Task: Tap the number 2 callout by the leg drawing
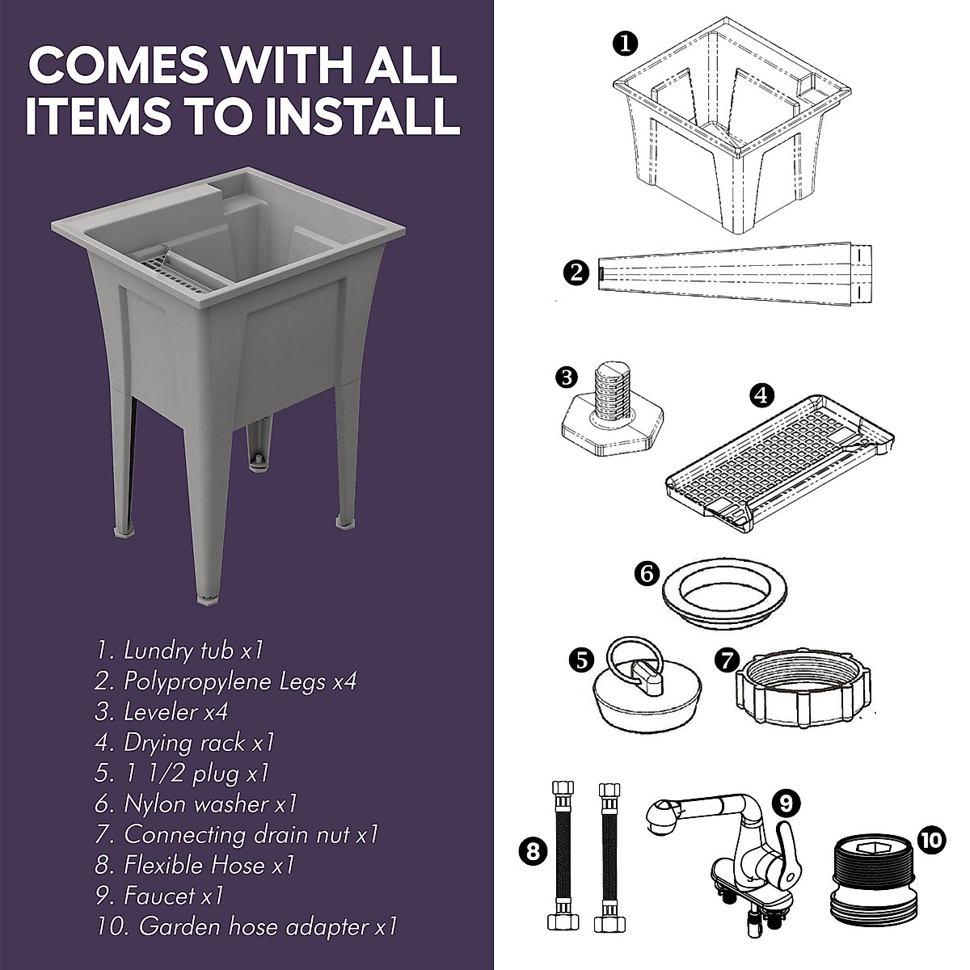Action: coord(578,272)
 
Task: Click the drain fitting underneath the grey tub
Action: coord(258,457)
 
